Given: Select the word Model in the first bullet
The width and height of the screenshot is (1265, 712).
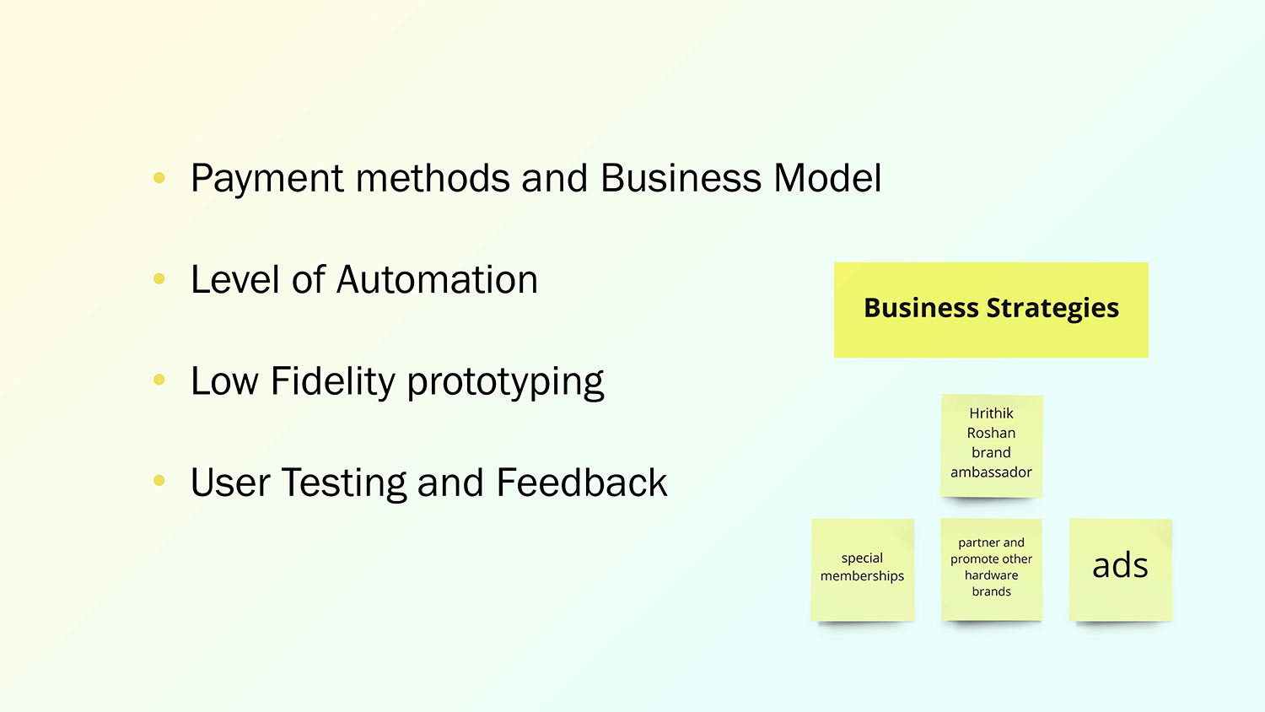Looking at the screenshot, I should coord(827,179).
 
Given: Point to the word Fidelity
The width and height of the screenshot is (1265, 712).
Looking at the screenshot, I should coord(333,381).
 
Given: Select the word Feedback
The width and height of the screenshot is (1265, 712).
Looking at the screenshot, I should coord(581,483).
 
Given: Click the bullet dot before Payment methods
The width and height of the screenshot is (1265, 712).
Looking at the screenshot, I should coord(159,178).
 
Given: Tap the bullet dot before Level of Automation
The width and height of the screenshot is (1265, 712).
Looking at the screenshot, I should coord(159,278).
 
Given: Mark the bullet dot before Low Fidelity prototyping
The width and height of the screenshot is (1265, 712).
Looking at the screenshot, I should coord(159,380).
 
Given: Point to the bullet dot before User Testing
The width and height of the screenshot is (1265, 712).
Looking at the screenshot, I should coord(159,481).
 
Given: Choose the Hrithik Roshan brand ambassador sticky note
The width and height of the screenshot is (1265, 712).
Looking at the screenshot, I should coord(991,445).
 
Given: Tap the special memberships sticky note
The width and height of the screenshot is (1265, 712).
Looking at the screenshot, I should coord(862,569).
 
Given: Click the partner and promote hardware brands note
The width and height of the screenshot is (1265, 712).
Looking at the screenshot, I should coord(991,569).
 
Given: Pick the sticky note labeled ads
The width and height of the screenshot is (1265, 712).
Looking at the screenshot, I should coord(1120,569).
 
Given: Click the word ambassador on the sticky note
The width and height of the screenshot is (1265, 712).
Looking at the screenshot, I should coord(991,472).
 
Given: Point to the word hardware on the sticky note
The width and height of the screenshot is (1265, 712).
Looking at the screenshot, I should coord(991,575).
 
